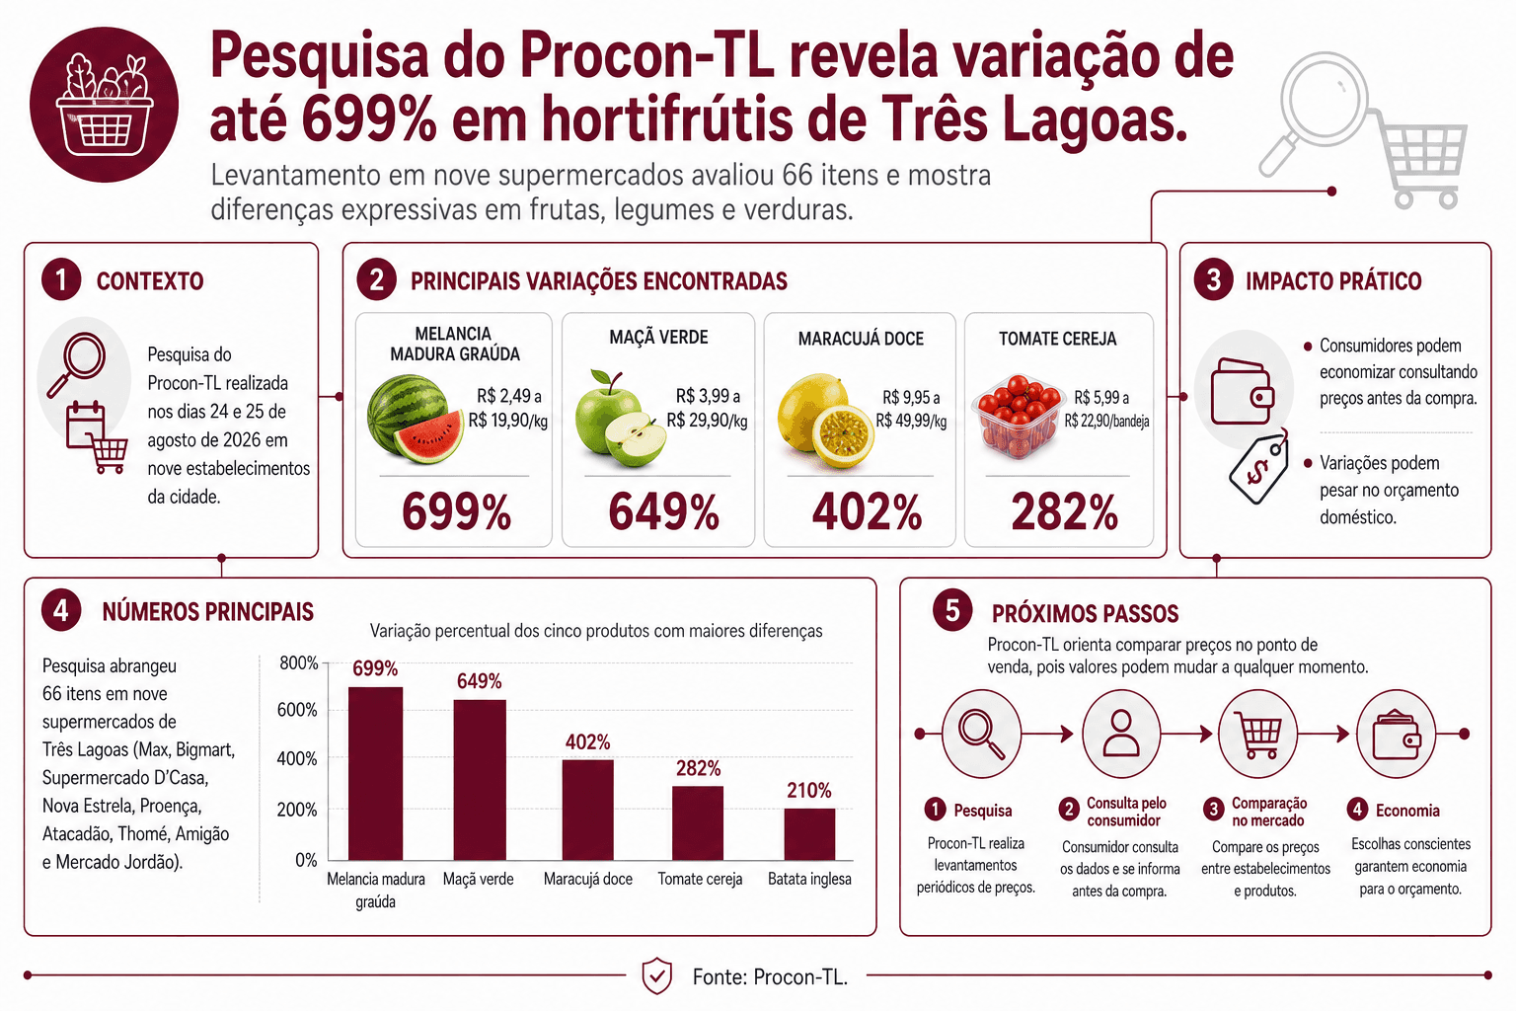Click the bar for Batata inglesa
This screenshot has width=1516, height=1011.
(809, 834)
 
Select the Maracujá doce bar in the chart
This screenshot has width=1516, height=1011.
(588, 810)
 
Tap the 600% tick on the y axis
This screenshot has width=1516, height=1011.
(297, 710)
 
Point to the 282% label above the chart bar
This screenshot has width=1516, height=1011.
(699, 768)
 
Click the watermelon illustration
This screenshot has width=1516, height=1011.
(415, 420)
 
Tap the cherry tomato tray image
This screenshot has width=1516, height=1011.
(1017, 417)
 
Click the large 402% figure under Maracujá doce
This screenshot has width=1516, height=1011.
(867, 511)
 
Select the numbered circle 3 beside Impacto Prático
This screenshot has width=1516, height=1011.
(1213, 280)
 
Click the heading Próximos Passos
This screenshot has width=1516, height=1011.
(1085, 613)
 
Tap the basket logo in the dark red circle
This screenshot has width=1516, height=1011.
(105, 105)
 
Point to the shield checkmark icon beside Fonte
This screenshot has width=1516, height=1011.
(656, 975)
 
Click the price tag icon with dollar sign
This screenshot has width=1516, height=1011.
(1258, 468)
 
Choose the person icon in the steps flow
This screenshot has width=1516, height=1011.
(1121, 734)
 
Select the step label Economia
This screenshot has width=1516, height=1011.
(1407, 811)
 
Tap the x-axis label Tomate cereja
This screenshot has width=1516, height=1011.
(700, 879)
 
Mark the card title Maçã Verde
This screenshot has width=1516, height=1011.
(658, 338)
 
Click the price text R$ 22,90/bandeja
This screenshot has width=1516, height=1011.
(1106, 422)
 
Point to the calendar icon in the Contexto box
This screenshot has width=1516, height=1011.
(85, 425)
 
